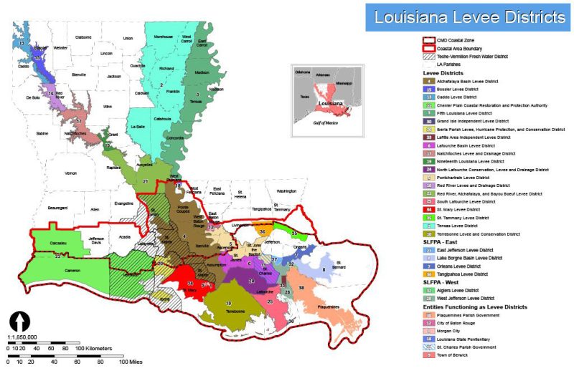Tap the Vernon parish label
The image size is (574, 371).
click(x=70, y=173)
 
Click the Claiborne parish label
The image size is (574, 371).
click(x=83, y=37)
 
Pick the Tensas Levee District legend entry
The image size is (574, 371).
click(x=458, y=225)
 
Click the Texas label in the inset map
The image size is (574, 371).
click(x=305, y=97)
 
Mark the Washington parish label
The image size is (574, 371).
click(x=286, y=191)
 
